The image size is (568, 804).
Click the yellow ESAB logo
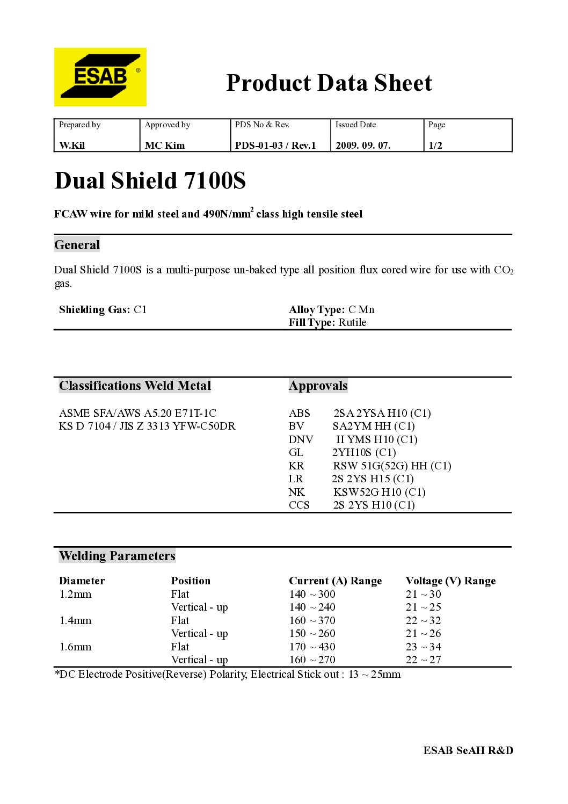100,77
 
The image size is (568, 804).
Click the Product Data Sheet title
329,83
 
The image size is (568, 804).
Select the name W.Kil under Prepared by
72,146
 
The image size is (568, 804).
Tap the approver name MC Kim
165,146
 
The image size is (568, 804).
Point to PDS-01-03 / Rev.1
275,146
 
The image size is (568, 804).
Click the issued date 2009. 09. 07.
363,146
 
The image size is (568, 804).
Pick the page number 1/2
435,146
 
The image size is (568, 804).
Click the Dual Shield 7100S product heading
150,180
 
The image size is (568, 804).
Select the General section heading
77,245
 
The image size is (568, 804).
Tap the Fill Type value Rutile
352,322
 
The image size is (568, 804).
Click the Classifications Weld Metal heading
135,386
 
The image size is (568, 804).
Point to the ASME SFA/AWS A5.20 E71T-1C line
137,413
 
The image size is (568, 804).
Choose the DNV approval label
301,439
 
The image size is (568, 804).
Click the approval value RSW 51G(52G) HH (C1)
392,466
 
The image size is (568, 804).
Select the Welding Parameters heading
117,556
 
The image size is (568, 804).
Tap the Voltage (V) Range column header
450,581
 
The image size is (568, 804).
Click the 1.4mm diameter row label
75,620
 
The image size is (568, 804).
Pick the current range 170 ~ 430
312,647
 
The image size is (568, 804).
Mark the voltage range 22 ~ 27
423,660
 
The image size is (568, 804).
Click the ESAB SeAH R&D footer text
468,750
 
